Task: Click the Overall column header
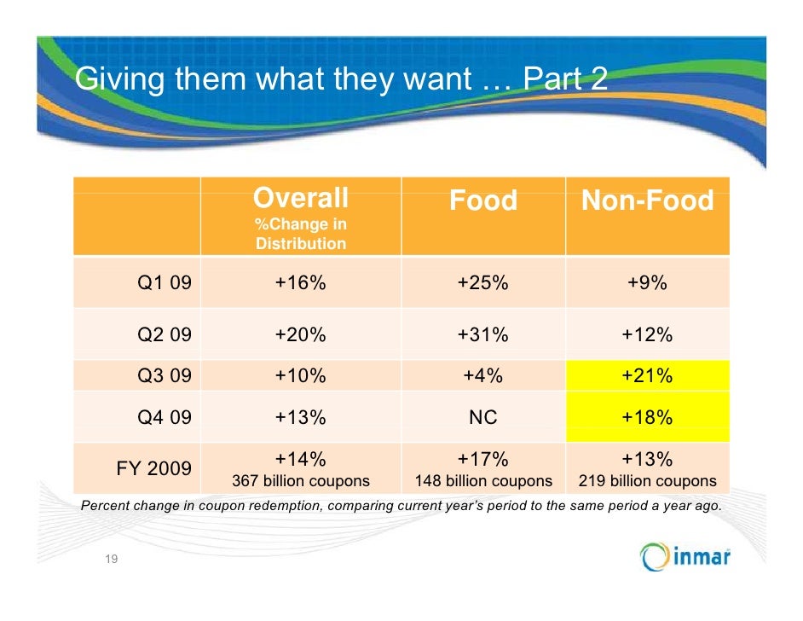300,200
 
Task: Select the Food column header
482,201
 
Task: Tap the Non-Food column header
647,201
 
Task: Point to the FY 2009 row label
153,468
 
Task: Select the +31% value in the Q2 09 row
482,335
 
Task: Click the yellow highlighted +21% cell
647,375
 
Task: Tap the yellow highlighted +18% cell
647,417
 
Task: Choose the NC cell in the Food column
482,417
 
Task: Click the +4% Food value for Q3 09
482,375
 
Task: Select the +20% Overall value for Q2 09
300,335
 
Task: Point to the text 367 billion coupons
301,481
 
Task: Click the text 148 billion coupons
482,481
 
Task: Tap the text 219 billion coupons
648,481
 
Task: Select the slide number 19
111,560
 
